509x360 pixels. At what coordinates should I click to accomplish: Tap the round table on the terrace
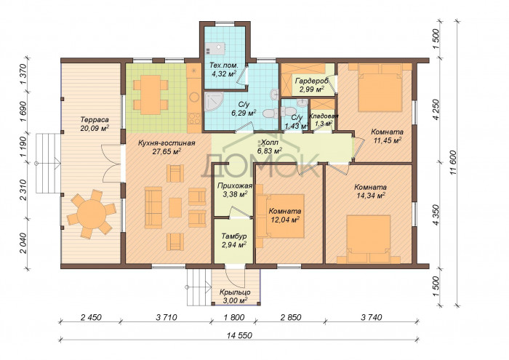92,215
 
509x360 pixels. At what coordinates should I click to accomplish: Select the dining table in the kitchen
151,95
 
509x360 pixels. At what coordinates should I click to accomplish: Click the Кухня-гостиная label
167,143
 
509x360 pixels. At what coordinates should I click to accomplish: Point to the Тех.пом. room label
224,65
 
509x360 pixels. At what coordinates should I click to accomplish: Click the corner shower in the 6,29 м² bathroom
214,102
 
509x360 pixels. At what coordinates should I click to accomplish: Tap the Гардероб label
312,81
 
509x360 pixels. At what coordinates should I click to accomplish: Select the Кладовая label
324,116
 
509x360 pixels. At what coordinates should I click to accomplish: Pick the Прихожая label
235,186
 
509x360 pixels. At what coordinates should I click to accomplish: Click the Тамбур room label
234,236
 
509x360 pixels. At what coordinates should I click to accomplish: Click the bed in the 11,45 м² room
380,88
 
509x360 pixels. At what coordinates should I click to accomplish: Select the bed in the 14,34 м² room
369,239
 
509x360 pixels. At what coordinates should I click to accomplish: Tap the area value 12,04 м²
285,220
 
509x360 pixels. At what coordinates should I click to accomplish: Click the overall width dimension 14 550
239,335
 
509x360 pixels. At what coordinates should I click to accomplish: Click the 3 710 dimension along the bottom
167,317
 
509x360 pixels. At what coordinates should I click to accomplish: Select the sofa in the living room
153,208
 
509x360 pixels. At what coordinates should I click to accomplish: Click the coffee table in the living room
175,207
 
